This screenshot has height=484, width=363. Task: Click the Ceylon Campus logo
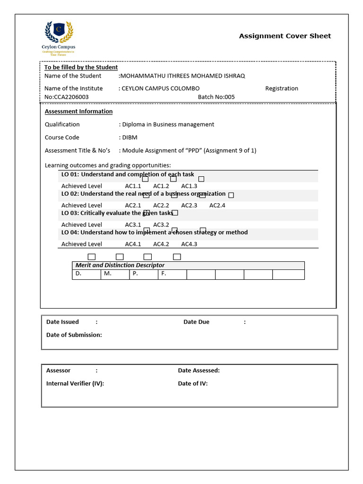click(x=59, y=37)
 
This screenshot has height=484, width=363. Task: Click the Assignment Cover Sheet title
click(x=285, y=36)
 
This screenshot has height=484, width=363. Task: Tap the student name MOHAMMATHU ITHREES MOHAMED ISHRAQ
click(x=183, y=76)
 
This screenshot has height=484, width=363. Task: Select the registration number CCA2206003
click(x=71, y=97)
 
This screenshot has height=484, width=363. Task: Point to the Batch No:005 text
click(x=216, y=97)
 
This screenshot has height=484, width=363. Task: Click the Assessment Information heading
click(x=78, y=112)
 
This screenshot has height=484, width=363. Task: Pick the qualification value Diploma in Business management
click(x=168, y=124)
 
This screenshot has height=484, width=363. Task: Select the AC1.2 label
click(x=161, y=186)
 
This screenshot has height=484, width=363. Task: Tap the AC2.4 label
click(x=217, y=206)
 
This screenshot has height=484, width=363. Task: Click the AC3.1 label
click(x=133, y=225)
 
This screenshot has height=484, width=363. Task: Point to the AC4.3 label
click(x=189, y=244)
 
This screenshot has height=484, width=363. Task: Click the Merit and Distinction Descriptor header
click(x=120, y=265)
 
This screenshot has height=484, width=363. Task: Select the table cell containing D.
click(x=86, y=274)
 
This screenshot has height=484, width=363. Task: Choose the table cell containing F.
click(x=172, y=274)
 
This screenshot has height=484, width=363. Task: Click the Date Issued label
click(x=62, y=322)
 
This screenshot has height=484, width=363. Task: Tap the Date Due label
click(x=196, y=322)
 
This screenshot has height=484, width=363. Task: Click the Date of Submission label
click(x=74, y=335)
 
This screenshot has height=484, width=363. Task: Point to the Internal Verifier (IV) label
click(x=75, y=383)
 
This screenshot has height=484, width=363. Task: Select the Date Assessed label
click(x=199, y=371)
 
